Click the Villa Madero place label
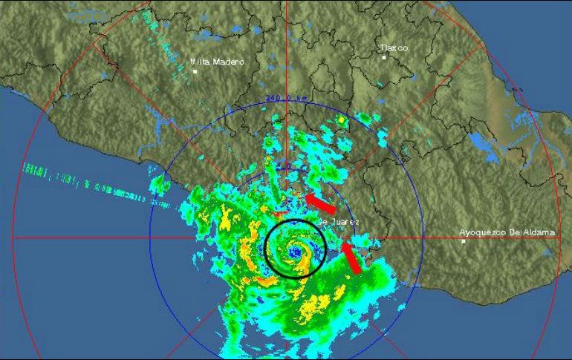pos(217,62)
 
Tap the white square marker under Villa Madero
pos(195,72)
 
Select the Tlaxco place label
pos(394,48)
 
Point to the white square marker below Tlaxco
pos(384,57)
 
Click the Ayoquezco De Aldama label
pos(507,232)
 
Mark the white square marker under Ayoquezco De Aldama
pos(464,241)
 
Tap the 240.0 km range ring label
pos(285,97)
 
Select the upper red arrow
pos(321,203)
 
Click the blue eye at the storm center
pos(296,252)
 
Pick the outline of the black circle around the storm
pos(266,249)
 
